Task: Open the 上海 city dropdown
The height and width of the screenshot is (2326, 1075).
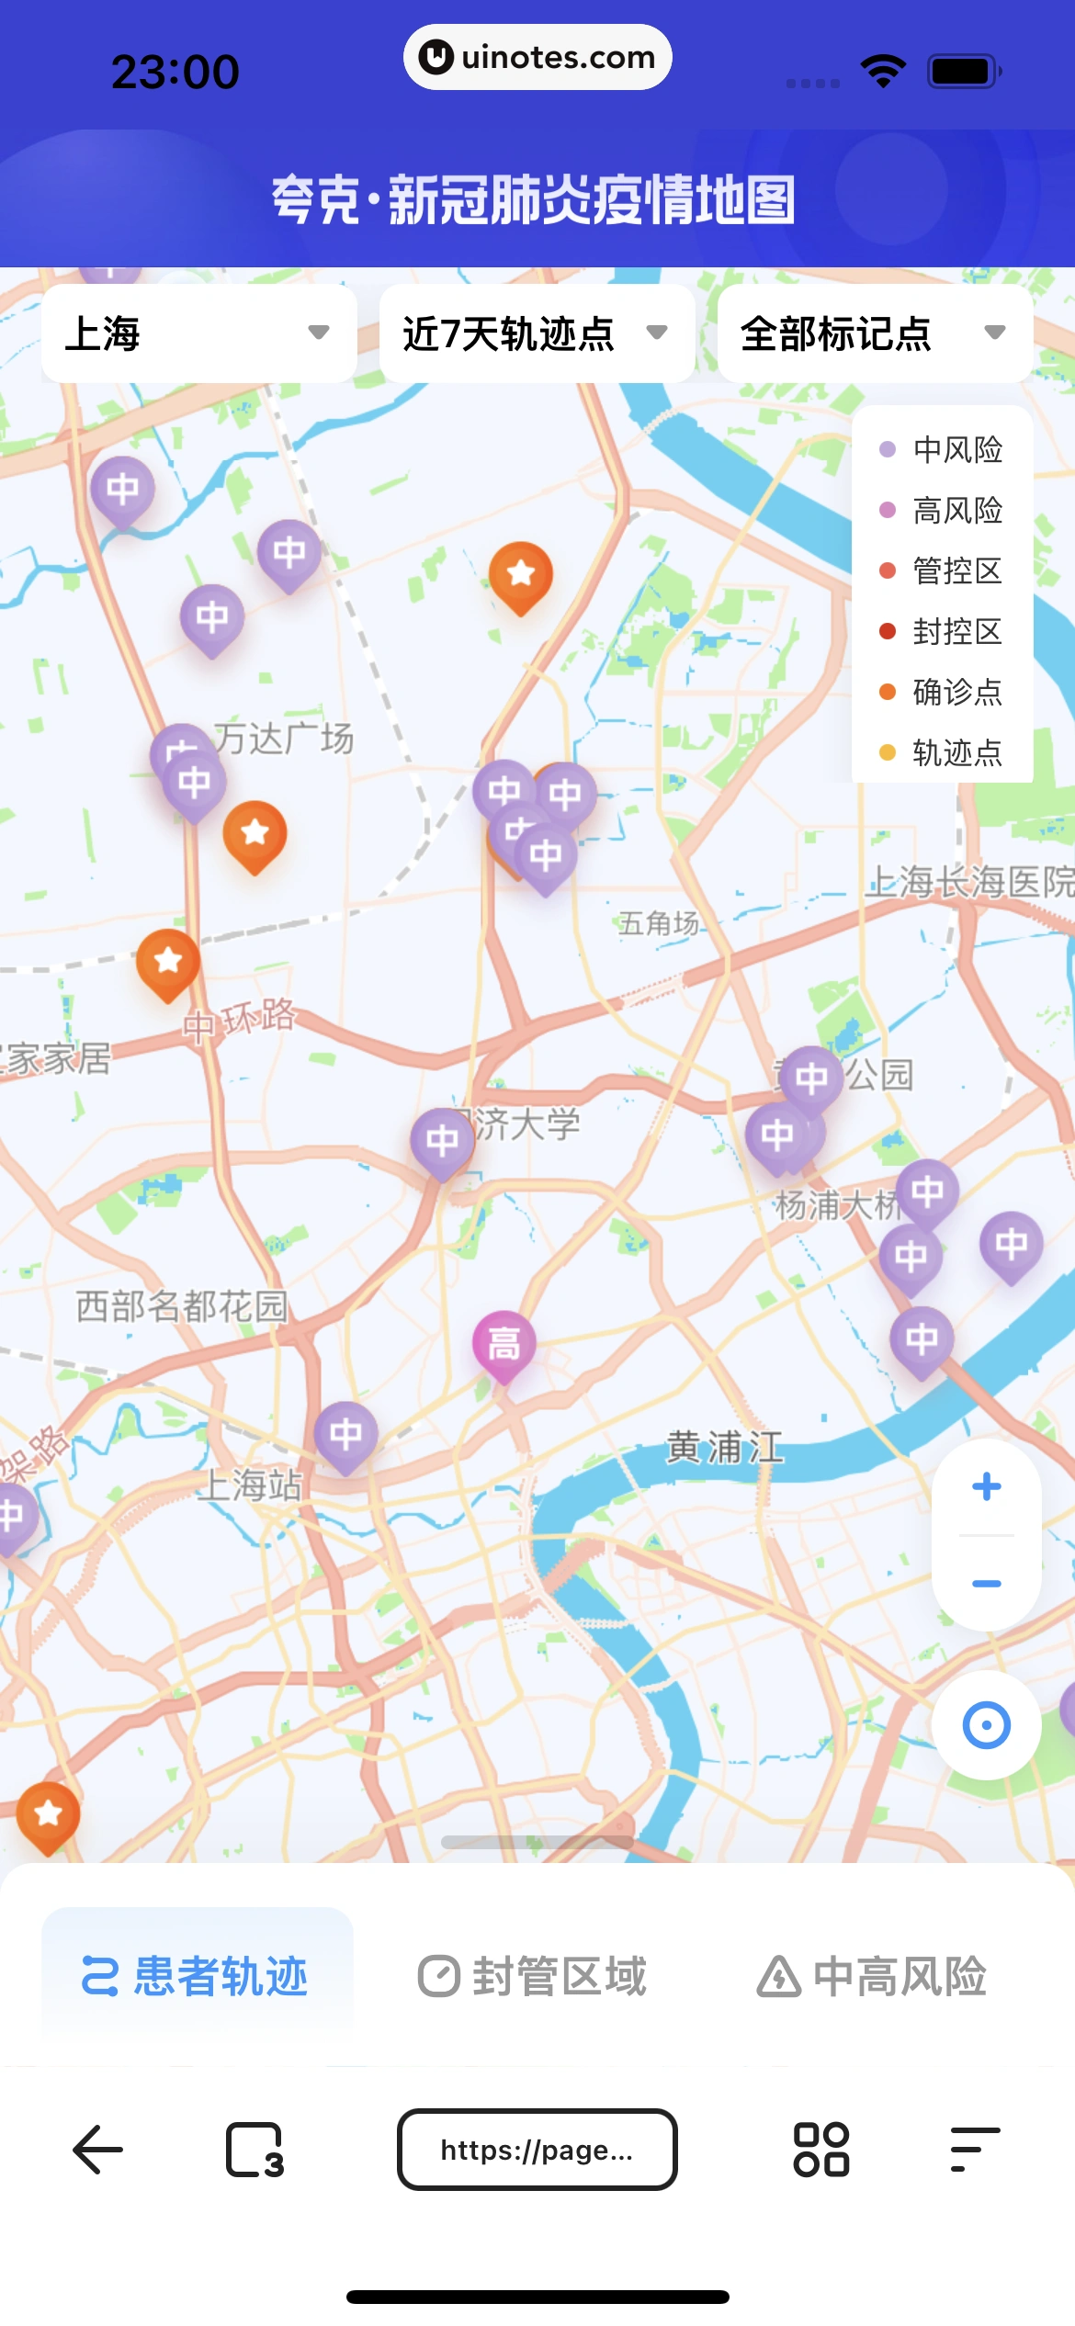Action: point(198,333)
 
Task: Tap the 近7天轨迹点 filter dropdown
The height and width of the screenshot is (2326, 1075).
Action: point(536,333)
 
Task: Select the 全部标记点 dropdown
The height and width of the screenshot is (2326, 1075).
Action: point(874,333)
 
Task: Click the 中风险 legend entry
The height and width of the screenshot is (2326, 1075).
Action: point(942,449)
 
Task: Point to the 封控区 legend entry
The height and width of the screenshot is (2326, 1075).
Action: point(942,631)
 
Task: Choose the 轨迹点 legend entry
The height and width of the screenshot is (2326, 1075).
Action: point(942,752)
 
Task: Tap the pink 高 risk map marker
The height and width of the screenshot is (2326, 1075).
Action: point(504,1344)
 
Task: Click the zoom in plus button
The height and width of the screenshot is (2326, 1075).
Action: point(986,1486)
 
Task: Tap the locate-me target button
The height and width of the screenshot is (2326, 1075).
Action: point(986,1725)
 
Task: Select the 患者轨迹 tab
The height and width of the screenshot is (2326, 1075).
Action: point(197,1976)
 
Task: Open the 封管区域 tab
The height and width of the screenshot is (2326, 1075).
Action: point(533,1976)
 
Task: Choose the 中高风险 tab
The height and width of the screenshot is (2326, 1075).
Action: point(872,1976)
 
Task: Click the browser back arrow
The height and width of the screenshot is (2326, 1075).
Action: point(97,2150)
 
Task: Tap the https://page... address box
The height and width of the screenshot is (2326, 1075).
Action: point(537,2150)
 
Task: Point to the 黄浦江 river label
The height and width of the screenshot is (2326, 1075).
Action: point(725,1448)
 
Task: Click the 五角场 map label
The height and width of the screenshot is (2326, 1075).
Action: point(659,923)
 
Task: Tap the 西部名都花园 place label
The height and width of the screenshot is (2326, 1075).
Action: point(182,1305)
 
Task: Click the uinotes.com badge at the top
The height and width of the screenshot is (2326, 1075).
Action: point(537,57)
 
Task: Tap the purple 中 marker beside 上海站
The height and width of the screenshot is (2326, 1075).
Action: point(345,1434)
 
